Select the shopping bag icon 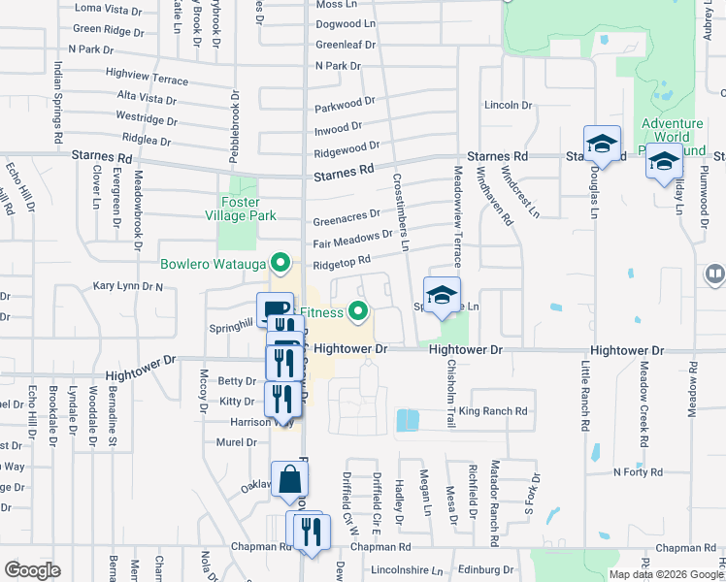click(x=289, y=479)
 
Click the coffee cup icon click(x=271, y=308)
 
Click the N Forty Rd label click(x=637, y=472)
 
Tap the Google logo click(x=31, y=569)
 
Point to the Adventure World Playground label click(x=672, y=137)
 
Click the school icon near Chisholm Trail click(x=442, y=295)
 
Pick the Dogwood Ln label click(x=346, y=23)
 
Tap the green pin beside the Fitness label click(x=359, y=311)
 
